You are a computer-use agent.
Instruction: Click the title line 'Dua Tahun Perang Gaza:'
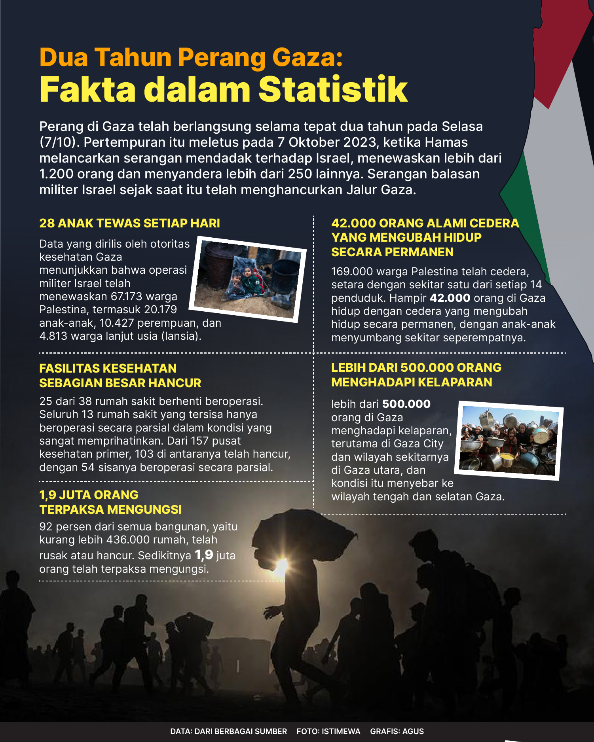(x=191, y=58)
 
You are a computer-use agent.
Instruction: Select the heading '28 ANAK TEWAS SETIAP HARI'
(x=129, y=223)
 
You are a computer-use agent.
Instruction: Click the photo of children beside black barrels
(x=247, y=278)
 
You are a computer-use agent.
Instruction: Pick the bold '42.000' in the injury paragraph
(x=450, y=298)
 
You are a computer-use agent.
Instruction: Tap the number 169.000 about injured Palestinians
(x=351, y=272)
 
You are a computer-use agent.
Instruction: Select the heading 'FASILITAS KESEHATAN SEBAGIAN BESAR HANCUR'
(x=120, y=376)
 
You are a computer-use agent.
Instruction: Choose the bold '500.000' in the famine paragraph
(x=406, y=404)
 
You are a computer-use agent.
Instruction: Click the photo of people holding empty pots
(x=509, y=440)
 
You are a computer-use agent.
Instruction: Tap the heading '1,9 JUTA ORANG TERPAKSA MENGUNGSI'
(x=110, y=502)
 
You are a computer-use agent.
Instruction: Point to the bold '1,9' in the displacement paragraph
(x=204, y=555)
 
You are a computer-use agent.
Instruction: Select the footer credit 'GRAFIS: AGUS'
(x=397, y=731)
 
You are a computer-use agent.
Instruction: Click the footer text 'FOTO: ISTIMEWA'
(x=328, y=731)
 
